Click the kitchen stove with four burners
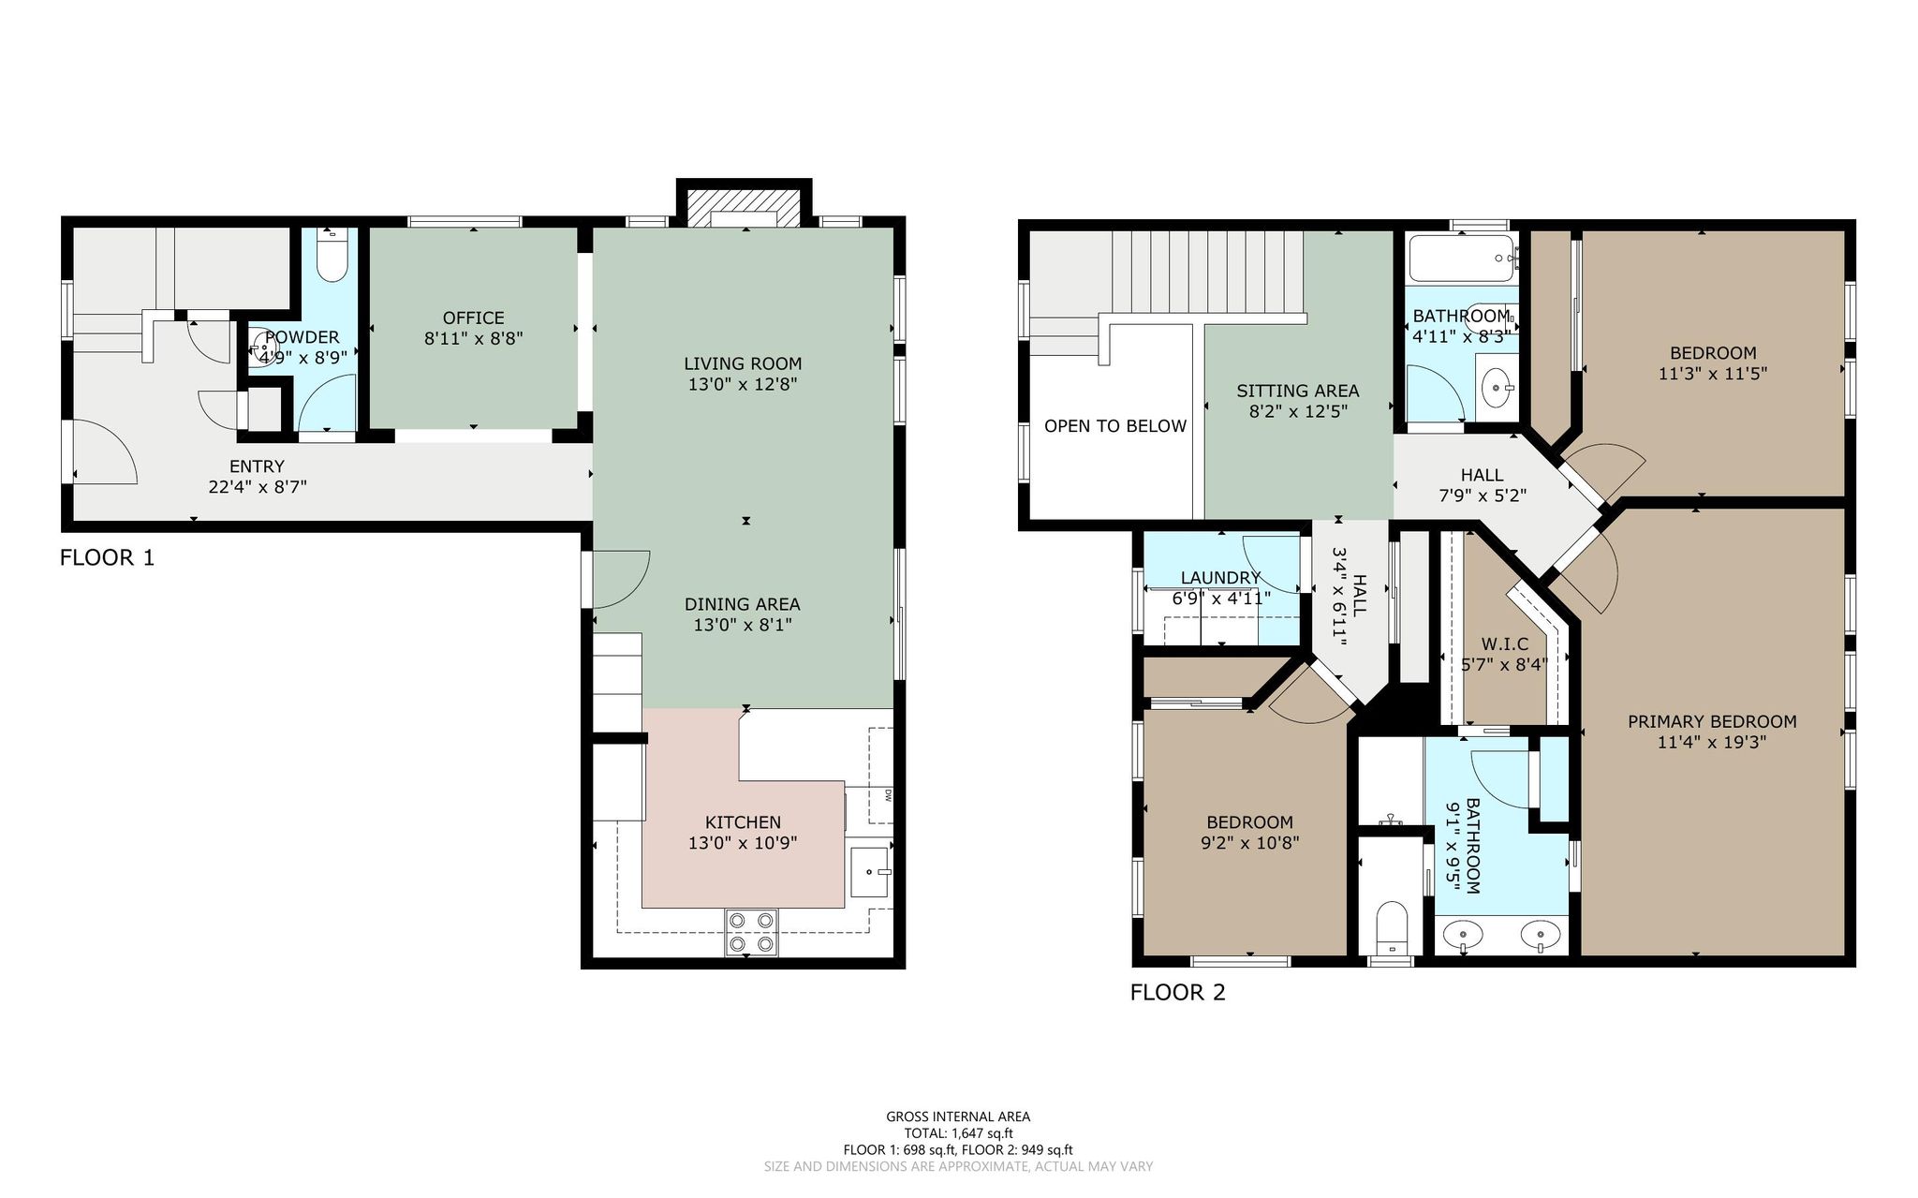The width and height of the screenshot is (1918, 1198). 751,933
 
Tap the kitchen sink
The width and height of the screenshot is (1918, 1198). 871,873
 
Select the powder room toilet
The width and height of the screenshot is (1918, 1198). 332,256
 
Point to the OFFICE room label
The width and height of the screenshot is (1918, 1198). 473,318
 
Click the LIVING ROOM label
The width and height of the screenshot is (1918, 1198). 743,363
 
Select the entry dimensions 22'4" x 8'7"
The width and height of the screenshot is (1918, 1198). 258,487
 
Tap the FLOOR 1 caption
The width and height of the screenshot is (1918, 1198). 107,558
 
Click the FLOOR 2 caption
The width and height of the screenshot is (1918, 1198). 1177,993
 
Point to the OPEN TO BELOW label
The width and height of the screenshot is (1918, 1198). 1115,426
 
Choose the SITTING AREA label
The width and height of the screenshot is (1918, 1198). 1297,391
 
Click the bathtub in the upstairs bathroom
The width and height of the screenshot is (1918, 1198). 1462,259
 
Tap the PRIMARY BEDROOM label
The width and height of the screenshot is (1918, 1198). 1712,721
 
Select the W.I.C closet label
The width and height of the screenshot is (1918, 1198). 1504,644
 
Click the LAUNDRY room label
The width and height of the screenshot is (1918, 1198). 1220,578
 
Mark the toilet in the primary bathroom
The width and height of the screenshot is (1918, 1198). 1393,926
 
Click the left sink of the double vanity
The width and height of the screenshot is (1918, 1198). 1462,934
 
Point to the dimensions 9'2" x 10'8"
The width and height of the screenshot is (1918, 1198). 1249,843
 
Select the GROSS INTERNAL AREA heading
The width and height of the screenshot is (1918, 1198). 958,1117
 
